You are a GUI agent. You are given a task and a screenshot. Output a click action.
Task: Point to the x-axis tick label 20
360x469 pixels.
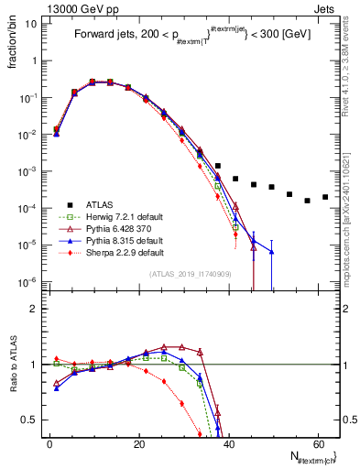(138, 442)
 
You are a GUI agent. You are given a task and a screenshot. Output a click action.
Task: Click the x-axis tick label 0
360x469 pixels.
(49, 442)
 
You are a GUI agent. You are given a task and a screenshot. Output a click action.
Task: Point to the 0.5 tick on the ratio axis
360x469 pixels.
(31, 420)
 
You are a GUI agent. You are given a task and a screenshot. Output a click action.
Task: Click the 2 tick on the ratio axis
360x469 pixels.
(35, 309)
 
